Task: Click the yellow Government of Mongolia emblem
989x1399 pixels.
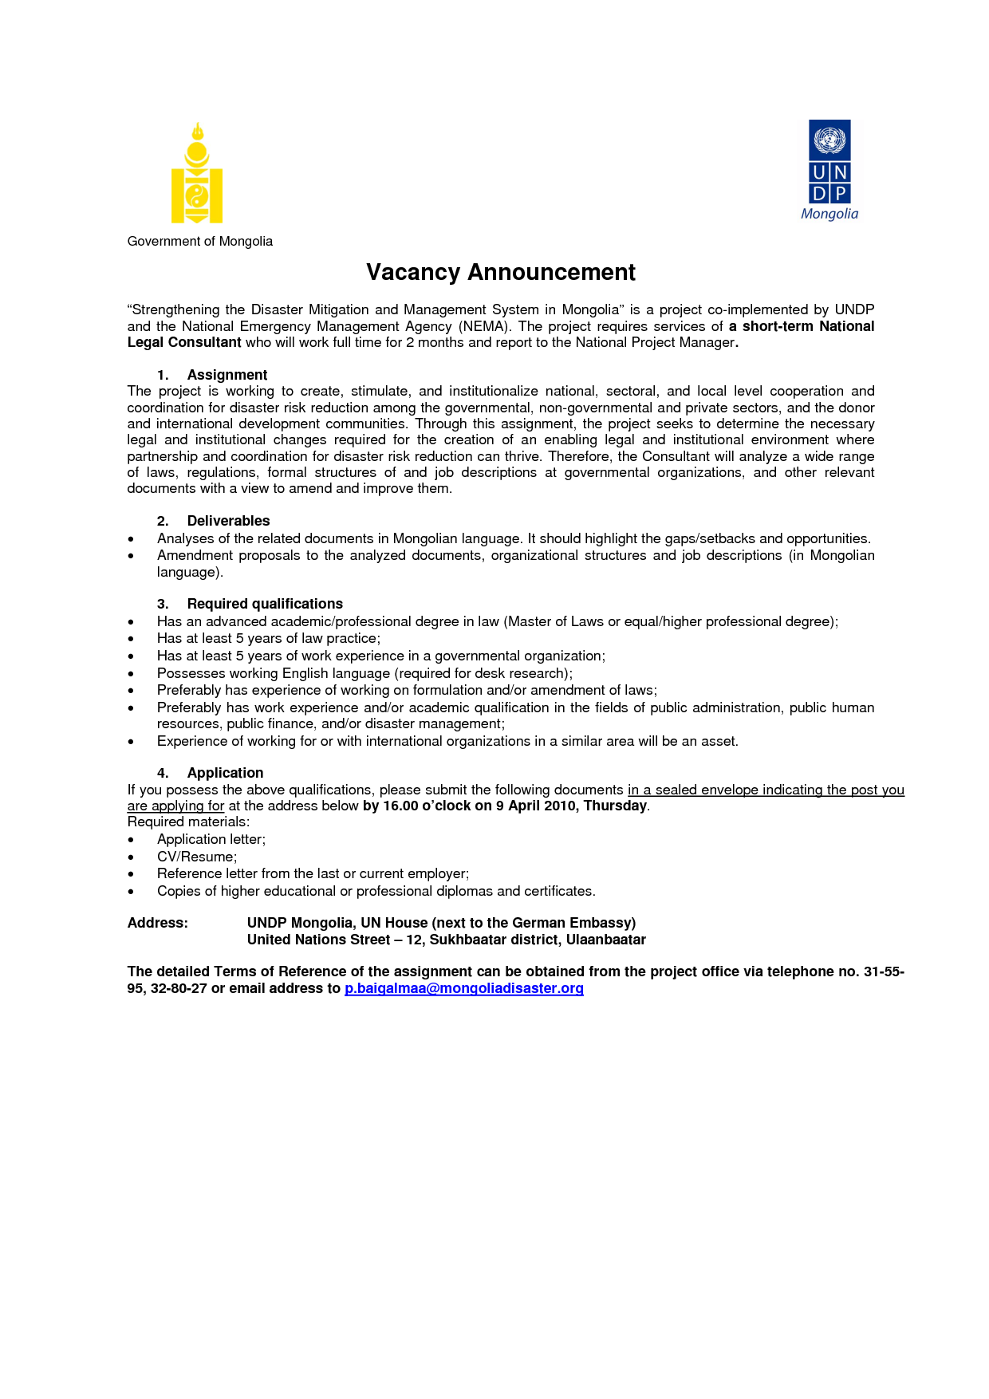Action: [x=197, y=173]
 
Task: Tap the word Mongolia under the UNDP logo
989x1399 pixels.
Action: [x=829, y=215]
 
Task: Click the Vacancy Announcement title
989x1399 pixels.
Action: [x=501, y=273]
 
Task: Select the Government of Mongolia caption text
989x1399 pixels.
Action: [x=199, y=242]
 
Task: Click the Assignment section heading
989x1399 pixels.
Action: [x=227, y=375]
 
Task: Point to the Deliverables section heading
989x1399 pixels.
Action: [x=228, y=521]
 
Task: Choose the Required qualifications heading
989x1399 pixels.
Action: [x=264, y=604]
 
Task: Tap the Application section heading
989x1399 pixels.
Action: [x=225, y=773]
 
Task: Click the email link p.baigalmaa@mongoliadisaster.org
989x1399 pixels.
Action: [x=463, y=988]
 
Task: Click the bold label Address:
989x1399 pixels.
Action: [x=158, y=923]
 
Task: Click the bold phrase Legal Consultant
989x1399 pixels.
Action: [x=184, y=343]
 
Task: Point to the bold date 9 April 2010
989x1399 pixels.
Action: [x=536, y=806]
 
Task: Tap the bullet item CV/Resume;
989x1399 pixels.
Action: [x=197, y=857]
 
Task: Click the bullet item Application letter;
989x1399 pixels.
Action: [x=211, y=839]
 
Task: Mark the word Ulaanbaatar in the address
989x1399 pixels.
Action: [x=605, y=940]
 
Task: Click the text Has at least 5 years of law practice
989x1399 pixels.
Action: [x=268, y=638]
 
